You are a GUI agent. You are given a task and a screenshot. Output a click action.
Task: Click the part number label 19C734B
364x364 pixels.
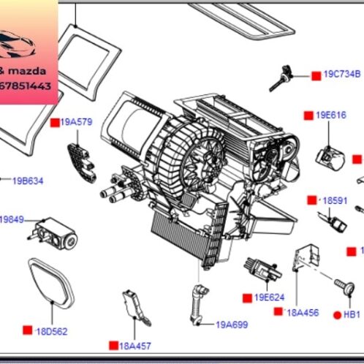tap(342, 75)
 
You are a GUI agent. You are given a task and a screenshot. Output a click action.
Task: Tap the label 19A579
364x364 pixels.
tap(76, 122)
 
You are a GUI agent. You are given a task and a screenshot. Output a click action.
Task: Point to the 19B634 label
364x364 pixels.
tap(28, 181)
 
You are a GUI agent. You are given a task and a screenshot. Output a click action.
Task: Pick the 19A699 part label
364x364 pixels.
tap(231, 323)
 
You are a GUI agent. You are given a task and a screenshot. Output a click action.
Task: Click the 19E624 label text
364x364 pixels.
tap(269, 297)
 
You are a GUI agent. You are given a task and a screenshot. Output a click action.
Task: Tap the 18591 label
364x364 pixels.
tap(335, 200)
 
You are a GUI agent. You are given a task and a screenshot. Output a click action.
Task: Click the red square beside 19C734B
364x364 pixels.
tap(316, 75)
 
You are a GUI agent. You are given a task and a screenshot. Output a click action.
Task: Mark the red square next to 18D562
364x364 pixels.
tap(27, 330)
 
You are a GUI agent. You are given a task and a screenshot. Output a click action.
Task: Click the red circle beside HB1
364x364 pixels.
tap(337, 314)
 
